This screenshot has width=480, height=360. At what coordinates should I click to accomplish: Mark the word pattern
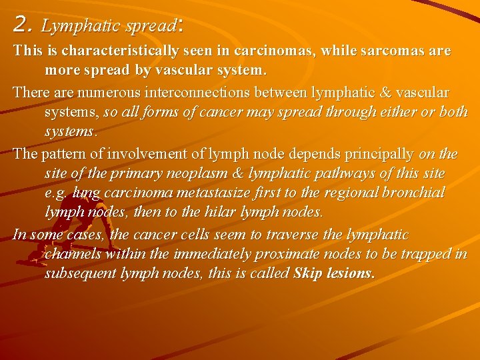pos(62,154)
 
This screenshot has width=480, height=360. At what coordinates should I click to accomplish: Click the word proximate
pos(324,254)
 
